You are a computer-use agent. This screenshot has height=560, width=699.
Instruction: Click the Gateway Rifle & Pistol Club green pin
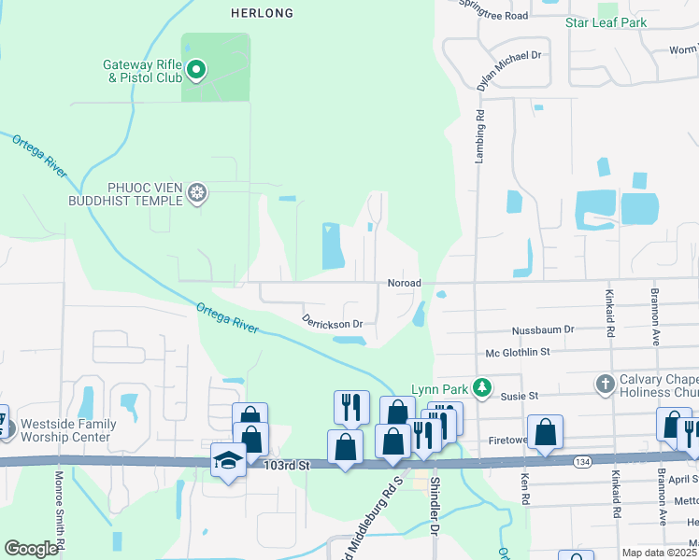click(x=196, y=69)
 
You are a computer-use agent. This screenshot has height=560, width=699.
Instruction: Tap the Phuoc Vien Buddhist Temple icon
click(x=197, y=193)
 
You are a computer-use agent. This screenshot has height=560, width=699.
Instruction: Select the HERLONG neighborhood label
click(x=262, y=13)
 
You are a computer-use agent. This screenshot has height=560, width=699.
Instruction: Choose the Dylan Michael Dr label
click(x=508, y=71)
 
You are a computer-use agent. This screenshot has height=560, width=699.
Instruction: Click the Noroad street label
click(x=405, y=283)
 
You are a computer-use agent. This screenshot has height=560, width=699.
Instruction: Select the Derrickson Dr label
click(x=332, y=322)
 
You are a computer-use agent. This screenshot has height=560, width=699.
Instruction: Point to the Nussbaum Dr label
click(x=542, y=330)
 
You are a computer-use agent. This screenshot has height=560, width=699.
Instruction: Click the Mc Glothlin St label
click(x=517, y=353)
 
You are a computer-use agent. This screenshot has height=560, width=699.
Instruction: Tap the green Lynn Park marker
click(x=481, y=386)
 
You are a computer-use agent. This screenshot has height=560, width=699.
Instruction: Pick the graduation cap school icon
click(x=228, y=461)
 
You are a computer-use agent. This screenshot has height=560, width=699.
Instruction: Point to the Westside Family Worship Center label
click(x=71, y=430)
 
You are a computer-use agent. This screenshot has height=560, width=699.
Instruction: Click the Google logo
click(x=32, y=549)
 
